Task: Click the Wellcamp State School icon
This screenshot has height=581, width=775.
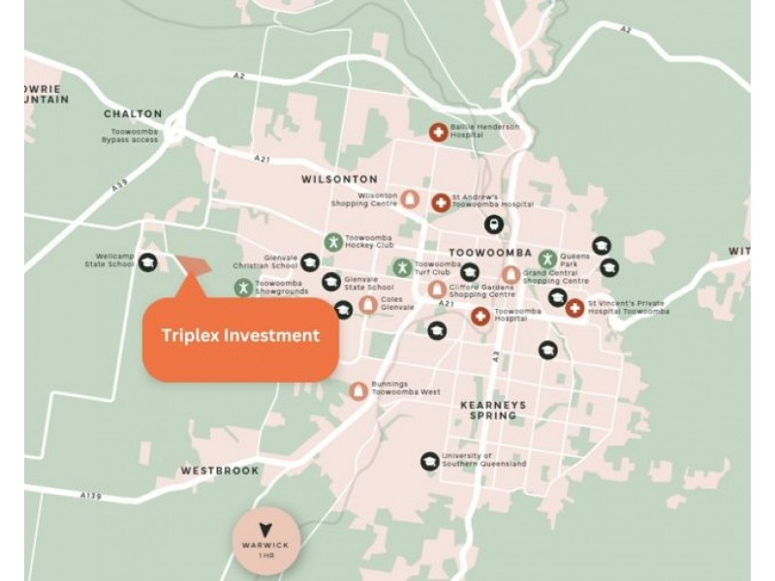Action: point(147,261)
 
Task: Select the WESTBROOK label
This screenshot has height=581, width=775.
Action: point(220,471)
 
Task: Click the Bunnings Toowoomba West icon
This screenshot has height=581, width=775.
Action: point(357,389)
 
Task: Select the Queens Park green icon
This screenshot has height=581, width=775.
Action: point(547,259)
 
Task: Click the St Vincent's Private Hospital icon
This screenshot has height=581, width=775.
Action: point(574,307)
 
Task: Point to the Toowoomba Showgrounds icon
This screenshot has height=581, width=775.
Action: point(242,287)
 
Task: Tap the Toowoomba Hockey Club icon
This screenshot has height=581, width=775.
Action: point(333,243)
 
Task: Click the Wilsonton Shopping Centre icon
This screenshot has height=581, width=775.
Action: point(410,199)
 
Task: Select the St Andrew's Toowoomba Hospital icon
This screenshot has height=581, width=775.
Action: point(440,202)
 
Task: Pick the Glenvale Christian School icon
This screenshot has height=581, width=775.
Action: point(309,260)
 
